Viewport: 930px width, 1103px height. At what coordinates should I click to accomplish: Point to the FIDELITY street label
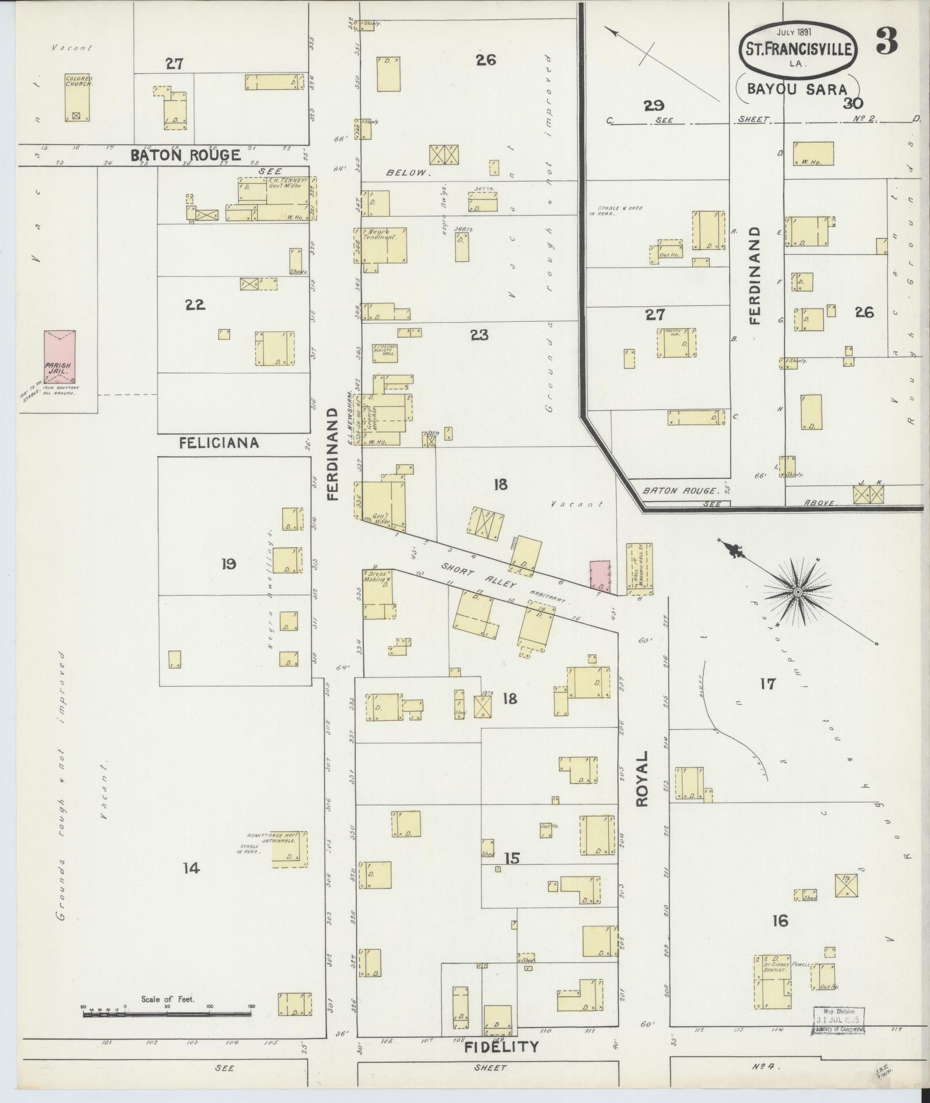point(502,1046)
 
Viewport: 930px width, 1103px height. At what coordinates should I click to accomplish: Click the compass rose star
point(799,592)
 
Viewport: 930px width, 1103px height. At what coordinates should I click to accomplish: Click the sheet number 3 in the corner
point(887,42)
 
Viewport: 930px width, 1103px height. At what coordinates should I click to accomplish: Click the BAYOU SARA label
point(797,89)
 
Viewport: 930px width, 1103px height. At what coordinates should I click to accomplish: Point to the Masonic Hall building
point(639,569)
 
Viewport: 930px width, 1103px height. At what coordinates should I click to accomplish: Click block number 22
point(195,305)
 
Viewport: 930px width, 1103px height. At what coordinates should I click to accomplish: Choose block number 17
point(767,684)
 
